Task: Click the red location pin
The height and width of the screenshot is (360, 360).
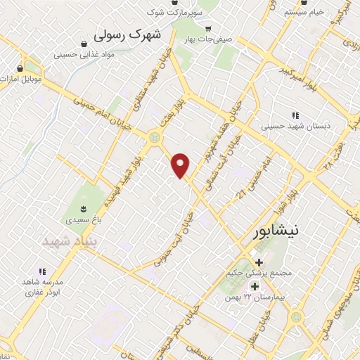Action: point(181,166)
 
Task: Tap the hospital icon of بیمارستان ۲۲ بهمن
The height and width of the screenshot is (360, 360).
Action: point(255,287)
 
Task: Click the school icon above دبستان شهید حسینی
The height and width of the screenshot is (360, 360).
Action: point(295,115)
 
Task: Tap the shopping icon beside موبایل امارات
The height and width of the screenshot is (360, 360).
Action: point(19,70)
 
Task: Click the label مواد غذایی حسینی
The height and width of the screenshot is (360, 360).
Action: point(89,54)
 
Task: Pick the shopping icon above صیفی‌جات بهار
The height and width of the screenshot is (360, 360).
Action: point(207,28)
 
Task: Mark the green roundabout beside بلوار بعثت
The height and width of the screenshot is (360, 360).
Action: point(153,137)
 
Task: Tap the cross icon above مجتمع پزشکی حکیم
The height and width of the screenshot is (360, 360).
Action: point(259,262)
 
